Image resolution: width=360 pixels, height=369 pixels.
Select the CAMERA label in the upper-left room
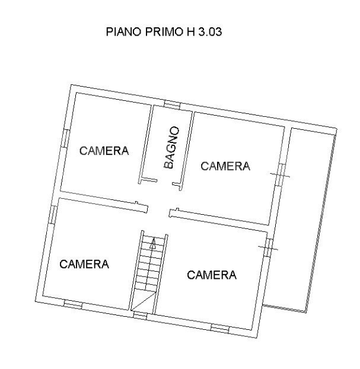click(104, 151)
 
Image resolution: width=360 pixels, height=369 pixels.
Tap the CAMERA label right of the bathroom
click(225, 166)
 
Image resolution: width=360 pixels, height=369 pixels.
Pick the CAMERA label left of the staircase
click(85, 264)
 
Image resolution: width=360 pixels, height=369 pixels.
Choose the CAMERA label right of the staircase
click(212, 275)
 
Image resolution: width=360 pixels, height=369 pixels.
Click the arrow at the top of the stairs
click(152, 242)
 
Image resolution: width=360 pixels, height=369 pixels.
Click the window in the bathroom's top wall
click(172, 105)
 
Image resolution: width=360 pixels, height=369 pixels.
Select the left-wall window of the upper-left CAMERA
click(65, 136)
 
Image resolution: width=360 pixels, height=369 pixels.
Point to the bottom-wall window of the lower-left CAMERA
click(72, 304)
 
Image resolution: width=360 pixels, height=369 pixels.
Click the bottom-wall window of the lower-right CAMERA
click(220, 327)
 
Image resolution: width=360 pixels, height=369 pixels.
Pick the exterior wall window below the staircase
click(140, 315)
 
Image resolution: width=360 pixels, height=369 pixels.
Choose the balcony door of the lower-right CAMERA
click(267, 246)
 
